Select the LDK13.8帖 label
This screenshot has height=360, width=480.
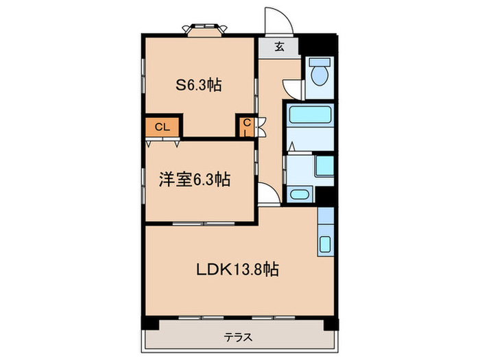pos(239,269)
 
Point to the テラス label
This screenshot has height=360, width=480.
pos(239,337)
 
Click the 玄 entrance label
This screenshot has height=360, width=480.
pos(280,47)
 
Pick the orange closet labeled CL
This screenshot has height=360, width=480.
pos(163,127)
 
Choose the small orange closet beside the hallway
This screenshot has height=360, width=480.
pos(245,127)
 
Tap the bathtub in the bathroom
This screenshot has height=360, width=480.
pos(309,115)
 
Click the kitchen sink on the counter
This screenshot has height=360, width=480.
pos(326,244)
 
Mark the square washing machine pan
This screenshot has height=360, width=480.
pos(324,167)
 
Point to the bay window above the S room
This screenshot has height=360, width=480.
pos(204,29)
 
